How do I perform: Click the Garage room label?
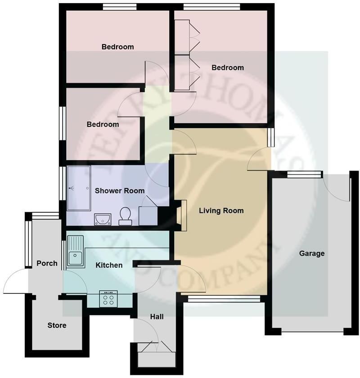[311, 253]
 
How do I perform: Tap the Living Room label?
[221, 211]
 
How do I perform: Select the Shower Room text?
[120, 191]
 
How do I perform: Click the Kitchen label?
[109, 265]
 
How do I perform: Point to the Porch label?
[47, 263]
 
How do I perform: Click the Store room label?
[57, 325]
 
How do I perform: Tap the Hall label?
[157, 317]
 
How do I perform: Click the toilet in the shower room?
[125, 216]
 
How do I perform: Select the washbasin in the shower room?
[103, 219]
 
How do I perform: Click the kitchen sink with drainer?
[75, 251]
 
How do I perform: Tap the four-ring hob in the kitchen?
[108, 299]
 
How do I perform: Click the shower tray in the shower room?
[79, 188]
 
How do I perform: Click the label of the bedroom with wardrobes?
[228, 68]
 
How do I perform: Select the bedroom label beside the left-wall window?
[103, 124]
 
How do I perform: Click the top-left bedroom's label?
[117, 47]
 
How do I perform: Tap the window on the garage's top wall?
[305, 174]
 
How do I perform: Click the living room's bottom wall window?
[224, 299]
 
